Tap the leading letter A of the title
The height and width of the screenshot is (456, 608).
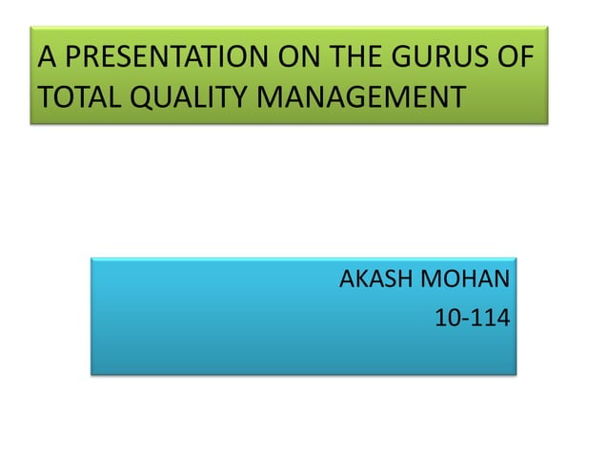(45, 59)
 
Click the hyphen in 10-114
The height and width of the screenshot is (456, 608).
(462, 320)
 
